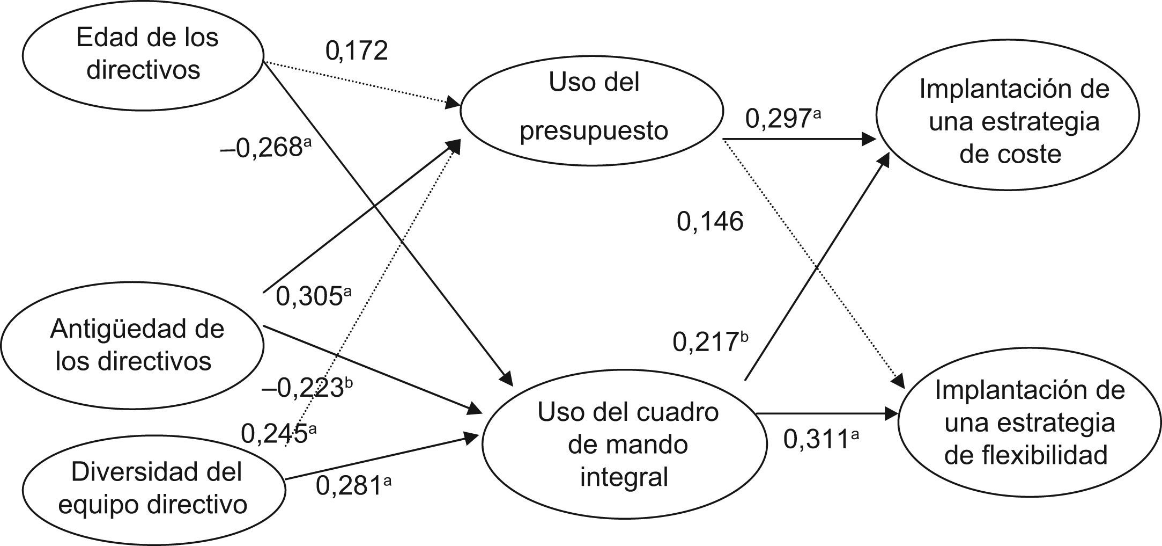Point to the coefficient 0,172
[x=357, y=52]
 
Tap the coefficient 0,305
[x=309, y=297]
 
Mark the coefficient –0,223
[x=302, y=388]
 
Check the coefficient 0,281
[x=349, y=486]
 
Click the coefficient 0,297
[x=777, y=119]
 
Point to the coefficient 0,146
[x=710, y=222]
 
